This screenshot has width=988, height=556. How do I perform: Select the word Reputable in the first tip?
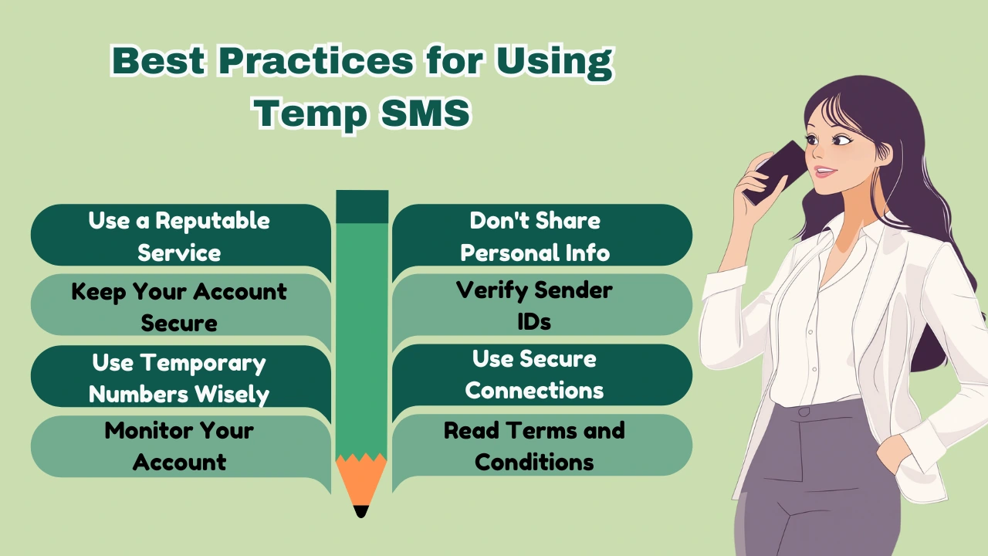pyautogui.click(x=212, y=221)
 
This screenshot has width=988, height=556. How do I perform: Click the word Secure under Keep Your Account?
pyautogui.click(x=179, y=323)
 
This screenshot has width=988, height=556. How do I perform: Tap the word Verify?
pyautogui.click(x=491, y=290)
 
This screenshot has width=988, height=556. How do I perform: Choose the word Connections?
pyautogui.click(x=534, y=391)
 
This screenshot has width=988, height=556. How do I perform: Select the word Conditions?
pyautogui.click(x=534, y=462)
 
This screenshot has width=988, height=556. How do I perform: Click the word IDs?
pyautogui.click(x=534, y=322)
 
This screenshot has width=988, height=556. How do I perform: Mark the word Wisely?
pyautogui.click(x=231, y=394)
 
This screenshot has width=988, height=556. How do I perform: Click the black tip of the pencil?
pyautogui.click(x=360, y=510)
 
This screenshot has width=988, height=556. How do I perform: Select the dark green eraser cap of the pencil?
pyautogui.click(x=362, y=207)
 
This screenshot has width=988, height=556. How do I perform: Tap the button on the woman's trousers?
pyautogui.click(x=804, y=412)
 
